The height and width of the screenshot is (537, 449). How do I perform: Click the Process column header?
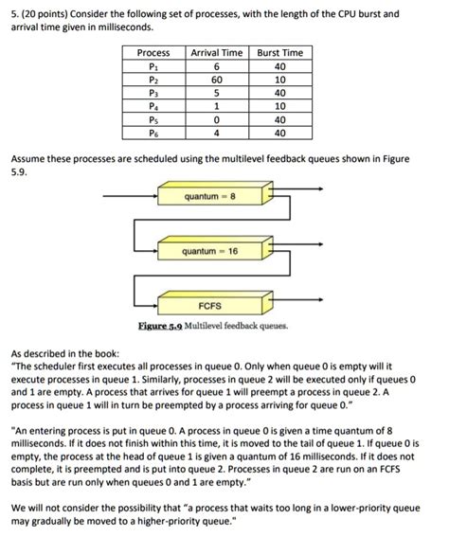pos(153,53)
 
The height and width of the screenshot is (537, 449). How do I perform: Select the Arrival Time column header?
pos(217,53)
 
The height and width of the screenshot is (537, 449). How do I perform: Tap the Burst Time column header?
pos(280,53)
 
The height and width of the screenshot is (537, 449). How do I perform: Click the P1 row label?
pos(153,67)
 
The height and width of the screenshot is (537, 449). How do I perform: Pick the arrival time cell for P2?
pos(217,81)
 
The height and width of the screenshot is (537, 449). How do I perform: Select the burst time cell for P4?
pos(280,107)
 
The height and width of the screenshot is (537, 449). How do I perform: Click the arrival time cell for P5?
pos(217,120)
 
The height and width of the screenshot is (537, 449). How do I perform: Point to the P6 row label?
pos(153,134)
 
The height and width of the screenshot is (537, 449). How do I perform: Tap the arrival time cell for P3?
pos(217,94)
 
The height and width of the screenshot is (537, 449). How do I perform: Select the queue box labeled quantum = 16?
pos(211,252)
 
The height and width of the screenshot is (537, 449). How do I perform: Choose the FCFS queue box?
pos(210,307)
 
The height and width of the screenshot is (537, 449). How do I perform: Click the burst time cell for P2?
pos(280,81)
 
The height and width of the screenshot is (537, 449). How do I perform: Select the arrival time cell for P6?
pos(217,134)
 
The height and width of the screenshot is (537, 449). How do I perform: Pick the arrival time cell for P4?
pos(217,107)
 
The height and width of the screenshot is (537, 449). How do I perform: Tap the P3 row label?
pos(153,94)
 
